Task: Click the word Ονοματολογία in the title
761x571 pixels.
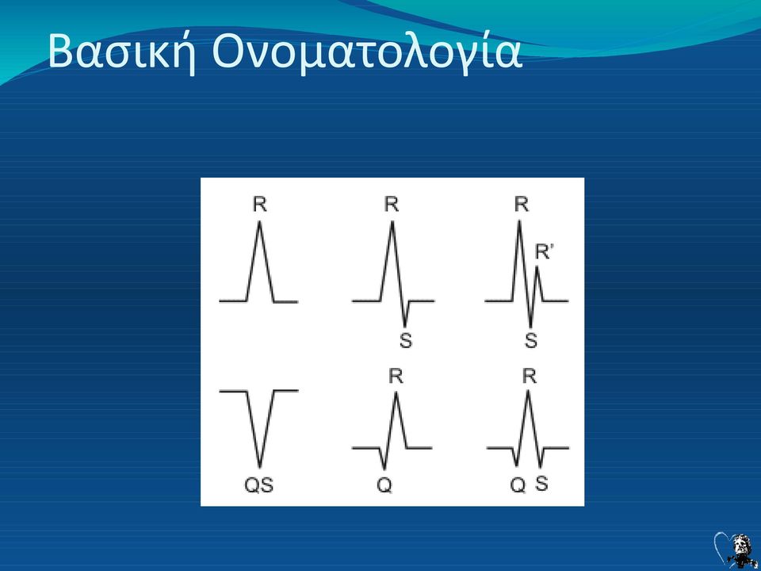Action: (x=367, y=52)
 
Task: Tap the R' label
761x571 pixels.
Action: (x=544, y=252)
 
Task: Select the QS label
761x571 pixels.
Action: (x=258, y=485)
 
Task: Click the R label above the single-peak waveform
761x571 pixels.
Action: (x=260, y=205)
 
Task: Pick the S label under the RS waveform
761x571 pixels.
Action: (x=406, y=341)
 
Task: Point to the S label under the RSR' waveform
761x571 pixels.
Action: (x=531, y=341)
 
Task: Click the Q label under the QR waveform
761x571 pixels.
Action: (x=384, y=485)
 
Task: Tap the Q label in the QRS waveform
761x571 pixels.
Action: (x=518, y=485)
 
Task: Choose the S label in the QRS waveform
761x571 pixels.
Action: (x=542, y=484)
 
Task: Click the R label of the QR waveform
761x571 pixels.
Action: (x=396, y=376)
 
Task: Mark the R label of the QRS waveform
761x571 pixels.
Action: (x=529, y=376)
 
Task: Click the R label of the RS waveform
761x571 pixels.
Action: (x=392, y=205)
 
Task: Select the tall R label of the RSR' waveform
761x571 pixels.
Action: (x=522, y=205)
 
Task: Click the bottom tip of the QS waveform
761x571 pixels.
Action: (x=260, y=467)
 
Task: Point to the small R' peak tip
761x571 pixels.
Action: (x=537, y=267)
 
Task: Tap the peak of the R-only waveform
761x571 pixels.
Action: (x=260, y=222)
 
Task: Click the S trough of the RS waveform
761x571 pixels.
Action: (x=405, y=326)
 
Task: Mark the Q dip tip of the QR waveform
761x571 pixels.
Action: (x=384, y=469)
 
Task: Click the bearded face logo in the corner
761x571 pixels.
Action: (x=740, y=550)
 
